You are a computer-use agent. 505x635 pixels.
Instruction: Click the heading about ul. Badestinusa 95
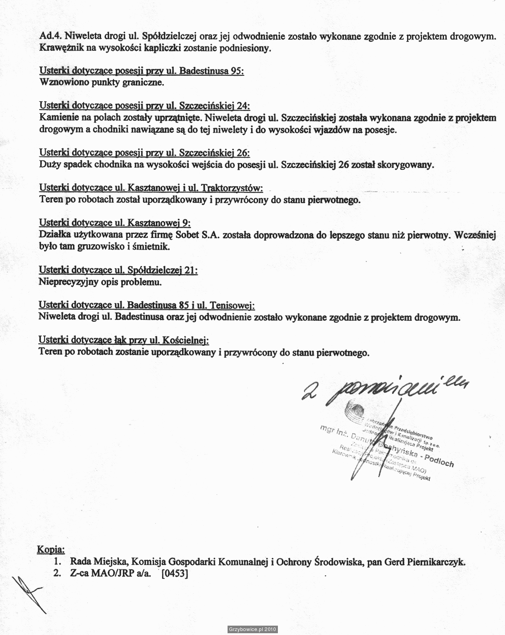(x=141, y=71)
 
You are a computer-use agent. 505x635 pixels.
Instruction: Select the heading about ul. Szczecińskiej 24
(x=144, y=106)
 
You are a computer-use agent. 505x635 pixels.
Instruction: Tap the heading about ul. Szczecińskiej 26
(x=144, y=152)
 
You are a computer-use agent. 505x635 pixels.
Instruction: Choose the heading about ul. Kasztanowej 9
(x=114, y=222)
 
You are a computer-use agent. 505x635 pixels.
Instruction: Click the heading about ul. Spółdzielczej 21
(x=118, y=270)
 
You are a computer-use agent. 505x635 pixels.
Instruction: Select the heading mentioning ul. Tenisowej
(x=147, y=305)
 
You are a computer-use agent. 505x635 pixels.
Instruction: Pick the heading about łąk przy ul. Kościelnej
(x=124, y=340)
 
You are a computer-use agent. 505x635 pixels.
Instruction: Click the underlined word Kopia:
(x=51, y=549)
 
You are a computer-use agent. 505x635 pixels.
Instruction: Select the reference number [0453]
(x=175, y=574)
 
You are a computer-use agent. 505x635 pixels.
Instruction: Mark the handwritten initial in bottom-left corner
(x=27, y=593)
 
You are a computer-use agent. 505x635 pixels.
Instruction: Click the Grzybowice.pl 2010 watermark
(x=252, y=629)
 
